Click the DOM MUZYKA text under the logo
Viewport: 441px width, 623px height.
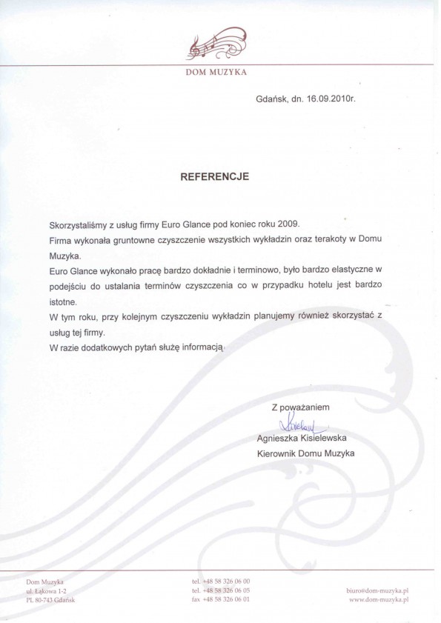[x=217, y=73]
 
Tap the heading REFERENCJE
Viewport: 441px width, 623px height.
[x=216, y=177]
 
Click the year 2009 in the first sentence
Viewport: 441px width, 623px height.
[x=288, y=223]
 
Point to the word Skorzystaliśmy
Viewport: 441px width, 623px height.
[x=79, y=223]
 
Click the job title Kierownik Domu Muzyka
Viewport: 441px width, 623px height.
[x=305, y=452]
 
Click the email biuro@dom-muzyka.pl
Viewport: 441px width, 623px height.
[x=378, y=590]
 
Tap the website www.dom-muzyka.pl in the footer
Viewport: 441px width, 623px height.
[x=378, y=599]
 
